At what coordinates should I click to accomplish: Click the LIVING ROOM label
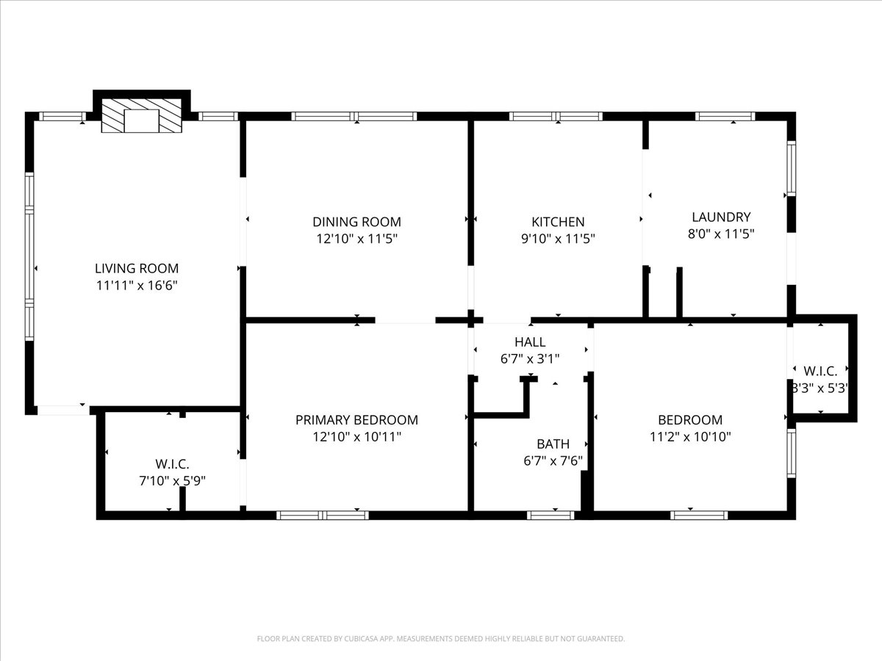[x=137, y=268]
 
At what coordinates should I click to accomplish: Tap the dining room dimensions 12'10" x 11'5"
[x=356, y=239]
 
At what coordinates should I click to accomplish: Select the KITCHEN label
[x=558, y=222]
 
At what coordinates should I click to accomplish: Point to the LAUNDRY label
[x=721, y=217]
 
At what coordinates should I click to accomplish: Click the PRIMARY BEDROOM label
[x=356, y=420]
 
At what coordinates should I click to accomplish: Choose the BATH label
[x=553, y=444]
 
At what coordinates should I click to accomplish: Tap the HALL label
[x=530, y=342]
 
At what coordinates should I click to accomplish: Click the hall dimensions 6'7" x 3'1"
[x=530, y=359]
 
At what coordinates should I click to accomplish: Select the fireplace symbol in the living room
[x=141, y=115]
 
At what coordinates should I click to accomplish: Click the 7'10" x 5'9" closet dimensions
[x=173, y=481]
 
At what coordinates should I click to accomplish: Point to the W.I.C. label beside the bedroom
[x=820, y=371]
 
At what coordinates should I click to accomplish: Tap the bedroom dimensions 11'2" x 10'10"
[x=690, y=437]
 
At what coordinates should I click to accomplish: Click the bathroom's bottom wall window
[x=551, y=516]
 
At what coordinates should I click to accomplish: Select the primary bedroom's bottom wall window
[x=322, y=516]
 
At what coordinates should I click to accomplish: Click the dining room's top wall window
[x=354, y=116]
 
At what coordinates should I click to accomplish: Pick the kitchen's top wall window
[x=556, y=116]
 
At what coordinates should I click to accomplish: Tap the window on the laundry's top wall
[x=725, y=116]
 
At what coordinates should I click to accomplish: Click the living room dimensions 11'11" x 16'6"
[x=137, y=286]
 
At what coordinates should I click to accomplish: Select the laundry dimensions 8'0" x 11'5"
[x=721, y=234]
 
